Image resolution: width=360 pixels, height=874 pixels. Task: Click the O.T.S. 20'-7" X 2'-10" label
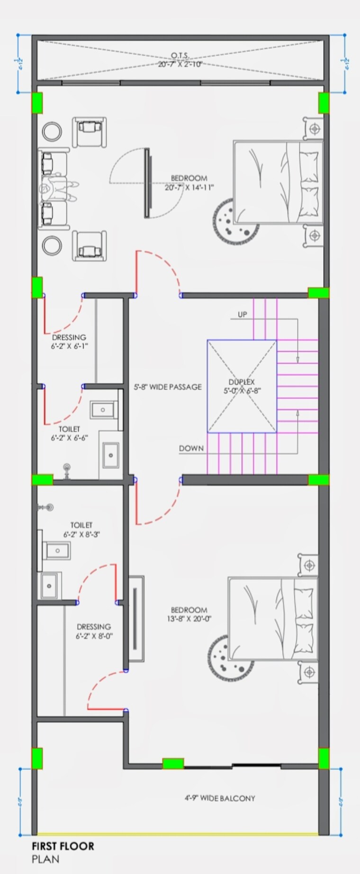pyautogui.click(x=180, y=60)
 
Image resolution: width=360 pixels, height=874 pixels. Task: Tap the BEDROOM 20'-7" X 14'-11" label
pyautogui.click(x=189, y=182)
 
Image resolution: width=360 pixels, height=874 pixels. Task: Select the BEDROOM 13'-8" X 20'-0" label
pyautogui.click(x=189, y=614)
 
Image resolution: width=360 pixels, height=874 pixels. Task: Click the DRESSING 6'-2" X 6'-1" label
pyautogui.click(x=69, y=342)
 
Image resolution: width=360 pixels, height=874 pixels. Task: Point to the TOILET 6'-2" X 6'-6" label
pyautogui.click(x=69, y=433)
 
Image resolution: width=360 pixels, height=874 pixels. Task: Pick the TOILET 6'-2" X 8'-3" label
pyautogui.click(x=81, y=530)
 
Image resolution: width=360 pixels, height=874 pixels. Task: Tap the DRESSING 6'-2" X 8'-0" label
pyautogui.click(x=94, y=631)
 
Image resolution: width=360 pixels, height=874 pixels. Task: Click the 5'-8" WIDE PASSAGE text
pyautogui.click(x=168, y=387)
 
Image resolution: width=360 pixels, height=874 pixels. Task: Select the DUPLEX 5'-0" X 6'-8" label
pyautogui.click(x=242, y=386)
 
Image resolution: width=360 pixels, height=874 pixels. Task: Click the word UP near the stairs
pyautogui.click(x=242, y=315)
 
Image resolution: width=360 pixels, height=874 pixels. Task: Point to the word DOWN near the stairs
pyautogui.click(x=191, y=448)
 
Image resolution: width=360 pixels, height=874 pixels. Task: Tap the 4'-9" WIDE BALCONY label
pyautogui.click(x=220, y=798)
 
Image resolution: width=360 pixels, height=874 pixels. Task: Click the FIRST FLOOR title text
pyautogui.click(x=63, y=846)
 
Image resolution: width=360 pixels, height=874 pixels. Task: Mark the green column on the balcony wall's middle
pyautogui.click(x=173, y=764)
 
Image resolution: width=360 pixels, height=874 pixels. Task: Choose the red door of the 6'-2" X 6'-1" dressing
pyautogui.click(x=45, y=314)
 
